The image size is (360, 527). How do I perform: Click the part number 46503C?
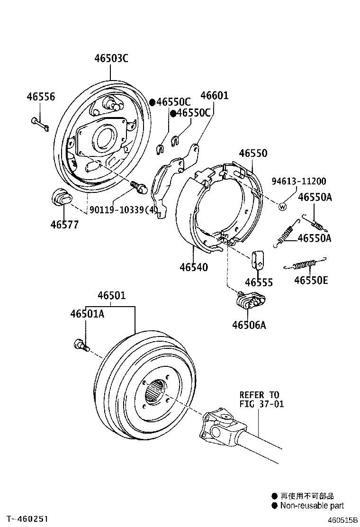pyautogui.click(x=111, y=59)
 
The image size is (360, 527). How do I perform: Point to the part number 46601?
pyautogui.click(x=214, y=96)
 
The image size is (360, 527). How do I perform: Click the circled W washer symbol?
pyautogui.click(x=283, y=206)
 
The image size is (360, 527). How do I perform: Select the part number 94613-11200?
pyautogui.click(x=298, y=182)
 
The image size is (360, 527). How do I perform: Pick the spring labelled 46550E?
pyautogui.click(x=306, y=264)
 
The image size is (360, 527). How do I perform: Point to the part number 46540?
pyautogui.click(x=193, y=267)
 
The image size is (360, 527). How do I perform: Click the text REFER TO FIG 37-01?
pyautogui.click(x=259, y=399)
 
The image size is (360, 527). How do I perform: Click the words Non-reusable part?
pyautogui.click(x=312, y=506)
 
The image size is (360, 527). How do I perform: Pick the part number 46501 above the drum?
pyautogui.click(x=112, y=296)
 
